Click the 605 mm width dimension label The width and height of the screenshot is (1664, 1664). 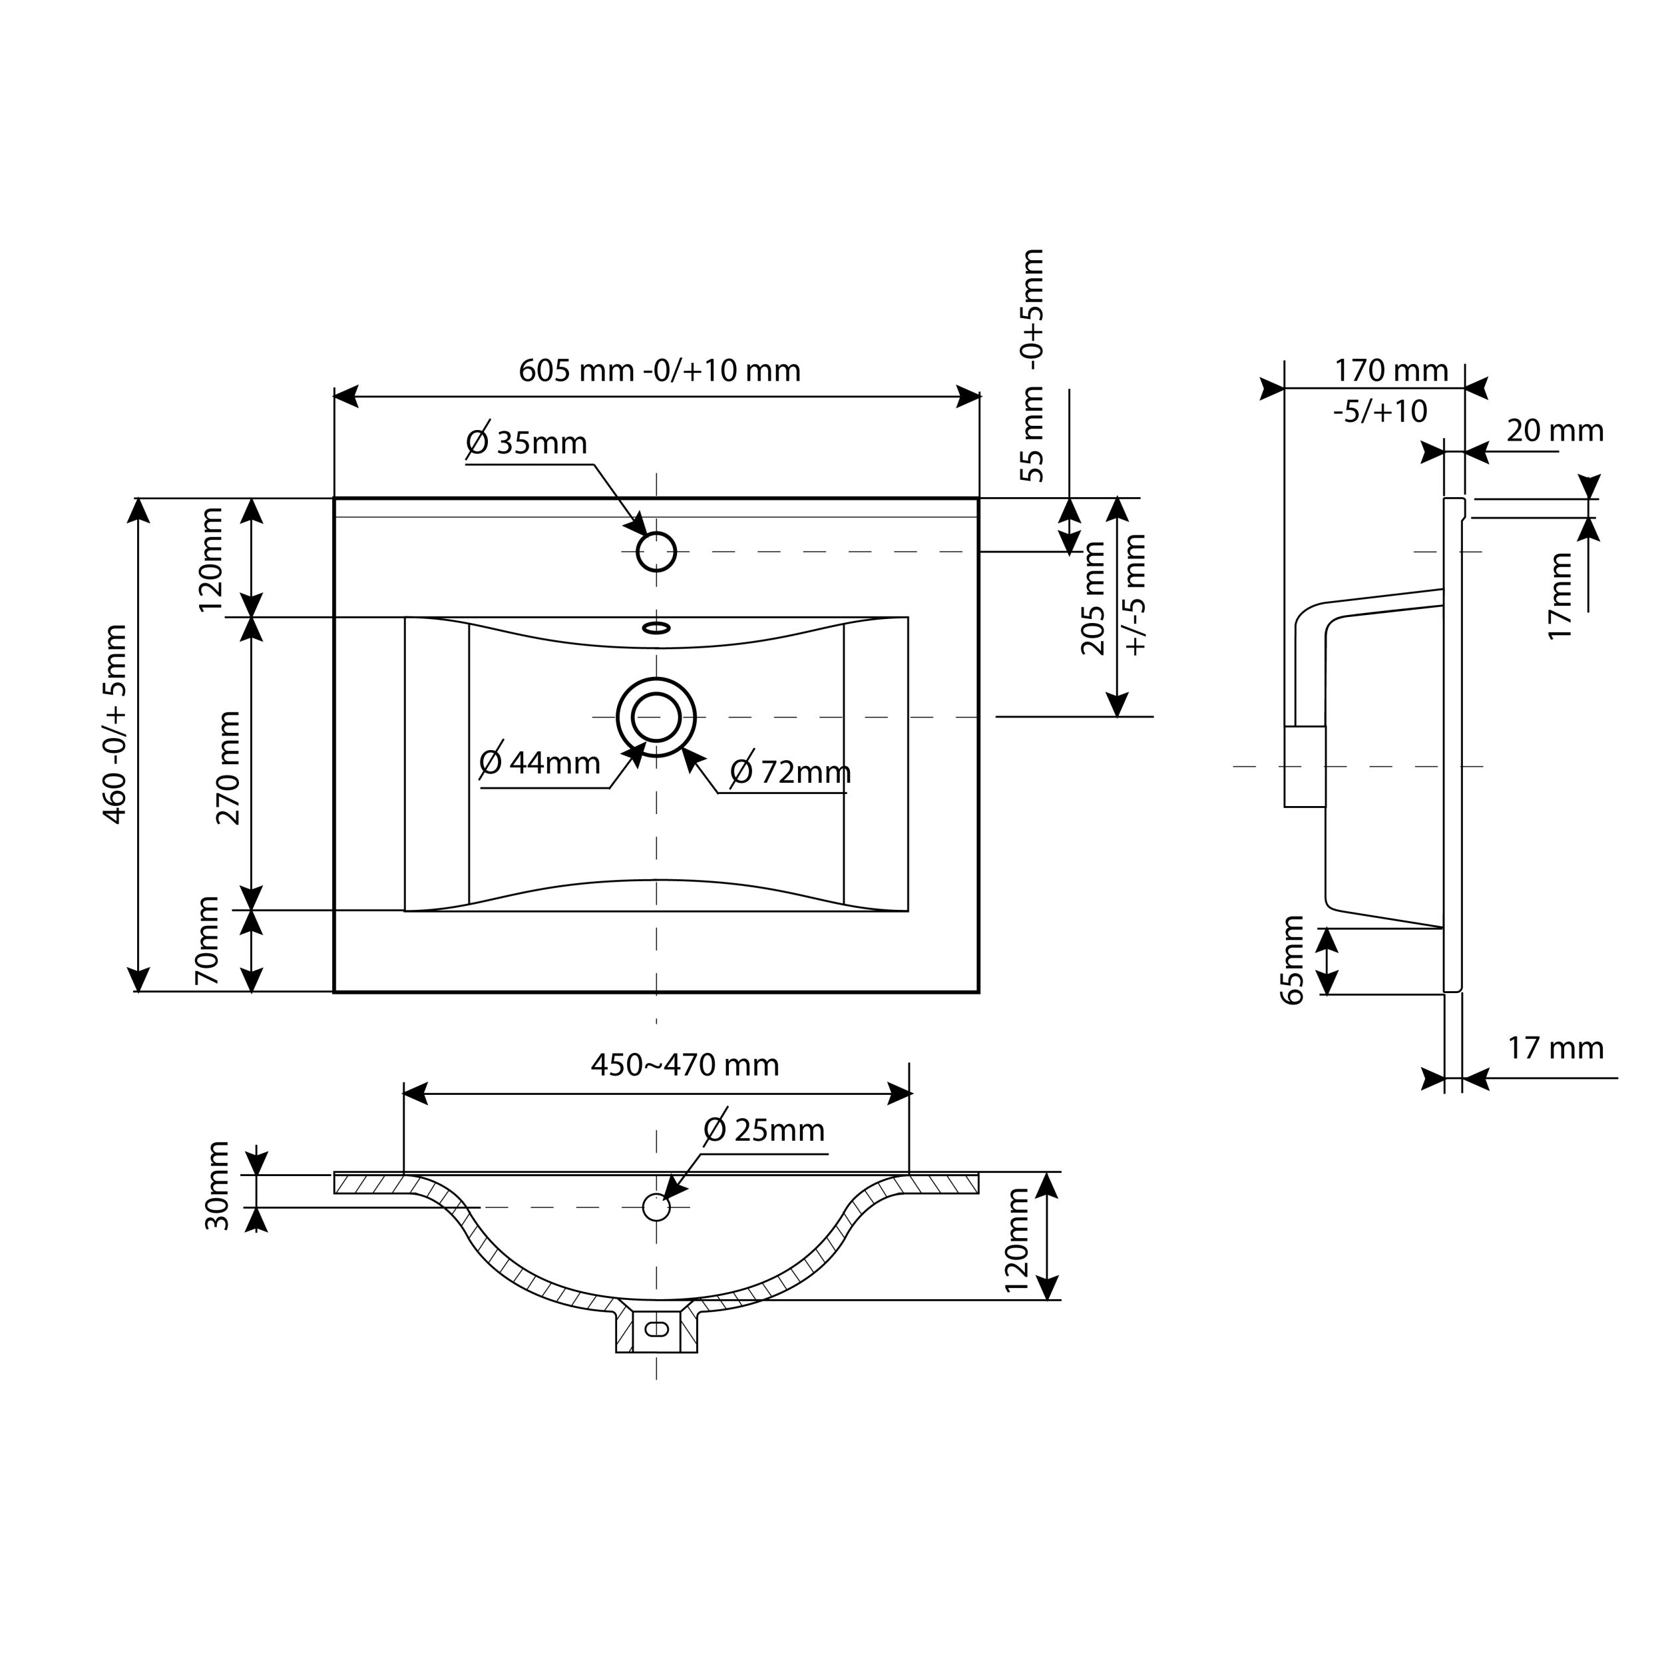pyautogui.click(x=660, y=370)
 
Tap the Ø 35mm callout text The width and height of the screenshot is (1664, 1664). pyautogui.click(x=526, y=443)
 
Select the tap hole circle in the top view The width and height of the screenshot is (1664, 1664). pyautogui.click(x=656, y=552)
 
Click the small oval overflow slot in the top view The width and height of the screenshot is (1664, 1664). pyautogui.click(x=656, y=628)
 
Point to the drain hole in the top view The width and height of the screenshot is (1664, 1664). pyautogui.click(x=656, y=717)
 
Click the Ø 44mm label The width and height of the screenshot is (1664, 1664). pyautogui.click(x=540, y=763)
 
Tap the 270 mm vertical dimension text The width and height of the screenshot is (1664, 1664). pyautogui.click(x=228, y=767)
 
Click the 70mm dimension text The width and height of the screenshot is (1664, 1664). pyautogui.click(x=208, y=940)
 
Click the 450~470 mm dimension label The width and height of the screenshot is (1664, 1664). pyautogui.click(x=685, y=1066)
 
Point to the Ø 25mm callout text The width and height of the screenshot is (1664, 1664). pyautogui.click(x=764, y=1130)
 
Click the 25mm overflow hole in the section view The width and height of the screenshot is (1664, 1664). pyautogui.click(x=656, y=1207)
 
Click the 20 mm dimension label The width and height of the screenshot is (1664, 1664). pyautogui.click(x=1555, y=431)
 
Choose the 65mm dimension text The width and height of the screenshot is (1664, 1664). pyautogui.click(x=1293, y=960)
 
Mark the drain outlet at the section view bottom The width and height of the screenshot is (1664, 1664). pyautogui.click(x=656, y=1330)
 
